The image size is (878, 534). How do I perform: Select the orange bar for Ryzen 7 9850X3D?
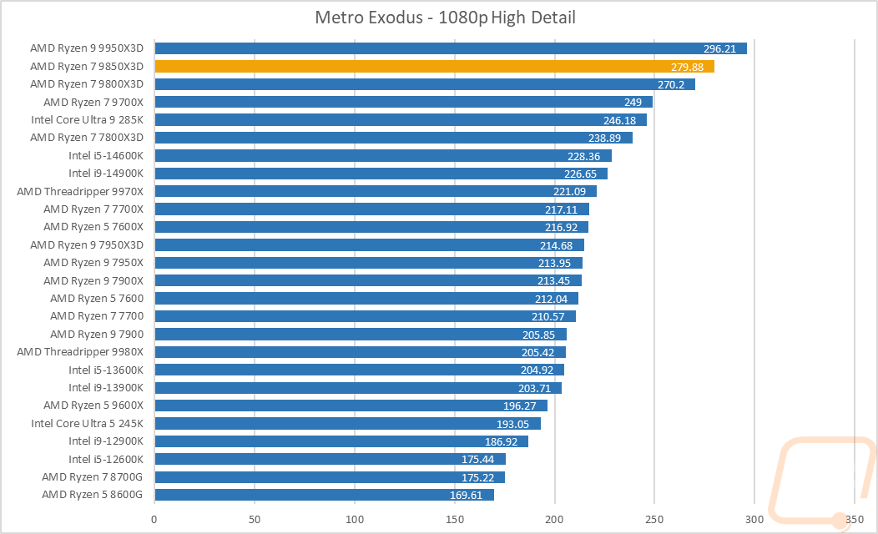point(434,67)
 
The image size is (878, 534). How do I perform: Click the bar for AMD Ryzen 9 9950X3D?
point(451,48)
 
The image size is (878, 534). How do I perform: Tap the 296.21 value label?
point(719,48)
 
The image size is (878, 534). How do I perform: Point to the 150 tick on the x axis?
point(454,520)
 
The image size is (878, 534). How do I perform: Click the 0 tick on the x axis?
point(154,520)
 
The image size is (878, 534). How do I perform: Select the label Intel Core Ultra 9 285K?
point(87,120)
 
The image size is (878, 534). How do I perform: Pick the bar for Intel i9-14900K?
point(381,174)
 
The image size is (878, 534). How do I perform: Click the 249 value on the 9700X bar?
point(632,103)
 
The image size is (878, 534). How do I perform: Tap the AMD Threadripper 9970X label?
point(80,191)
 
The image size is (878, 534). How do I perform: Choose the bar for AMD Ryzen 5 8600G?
point(324,495)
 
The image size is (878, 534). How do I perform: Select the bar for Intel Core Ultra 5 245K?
point(347,424)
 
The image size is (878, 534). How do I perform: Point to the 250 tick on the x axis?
point(654,520)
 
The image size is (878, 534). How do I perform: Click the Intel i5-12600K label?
point(106,459)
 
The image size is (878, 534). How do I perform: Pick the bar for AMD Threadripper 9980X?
point(360,352)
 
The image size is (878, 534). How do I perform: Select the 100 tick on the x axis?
point(354,520)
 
